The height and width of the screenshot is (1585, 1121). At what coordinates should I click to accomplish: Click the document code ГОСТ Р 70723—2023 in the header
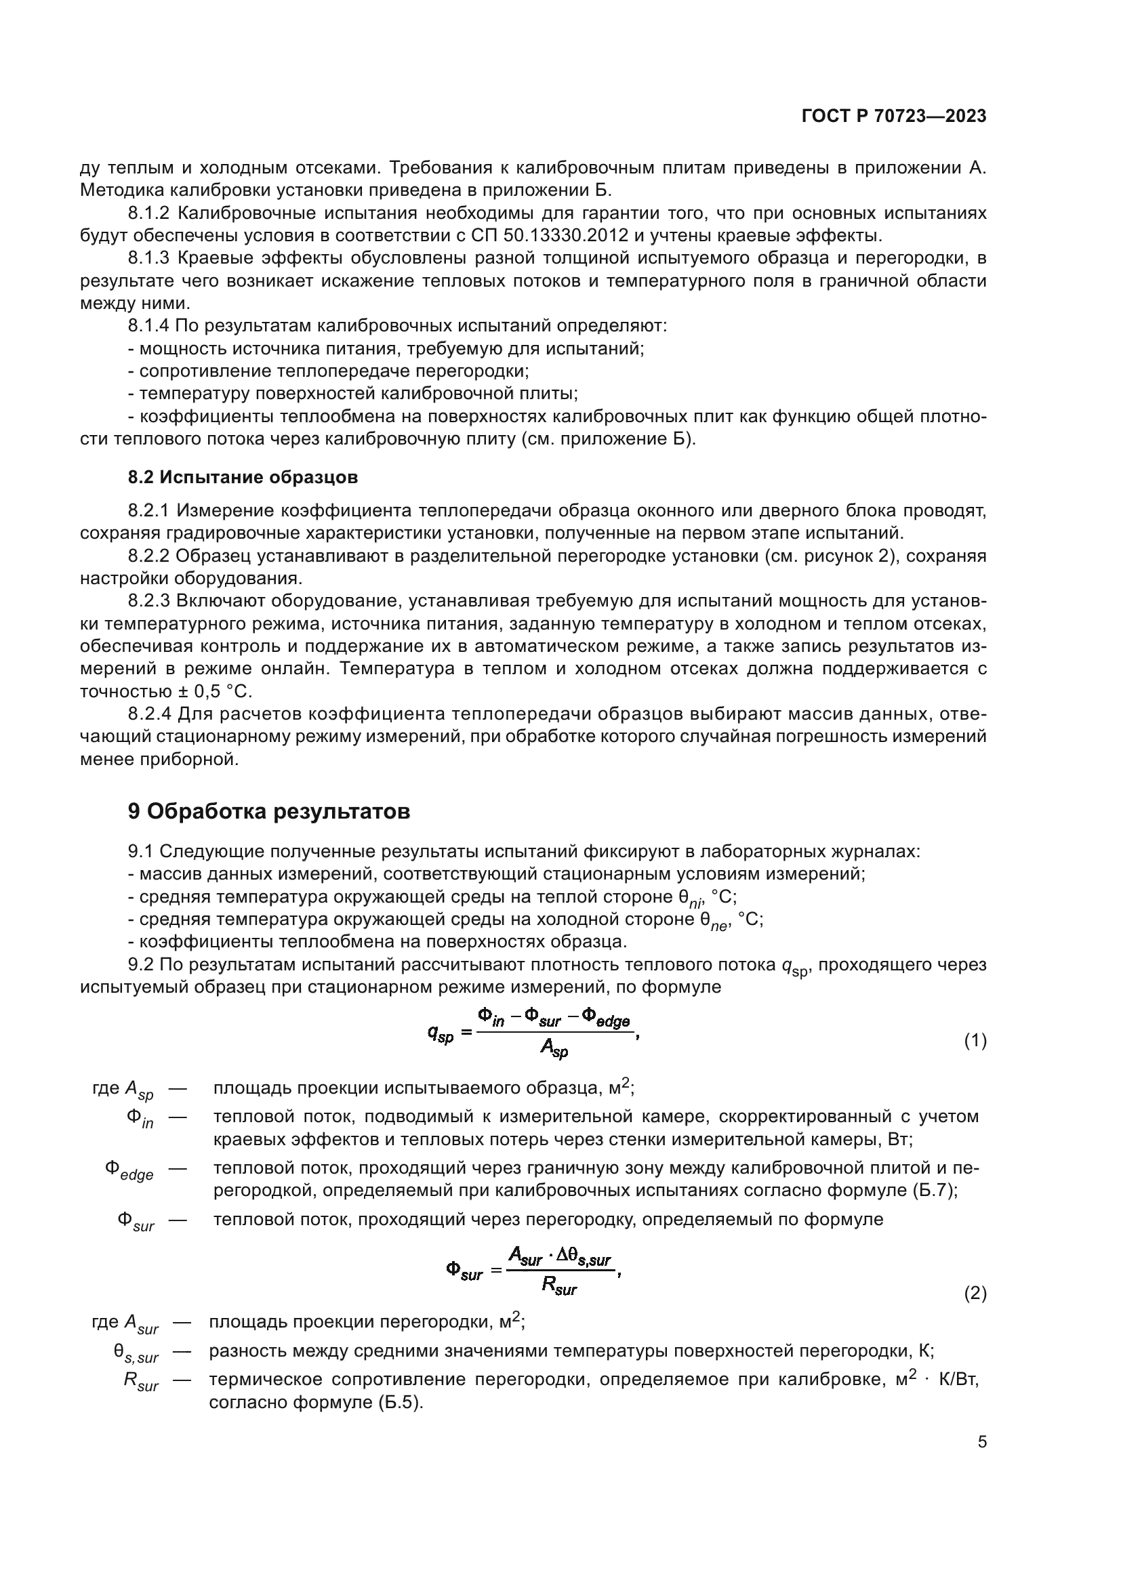click(x=894, y=117)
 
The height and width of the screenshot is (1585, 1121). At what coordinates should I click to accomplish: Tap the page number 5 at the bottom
click(x=981, y=1442)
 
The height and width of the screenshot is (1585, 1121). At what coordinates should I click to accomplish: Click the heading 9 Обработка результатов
click(x=268, y=811)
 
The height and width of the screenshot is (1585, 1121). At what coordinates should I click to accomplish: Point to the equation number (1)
click(x=975, y=1040)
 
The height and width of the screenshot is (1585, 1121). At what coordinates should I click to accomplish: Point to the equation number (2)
click(x=975, y=1293)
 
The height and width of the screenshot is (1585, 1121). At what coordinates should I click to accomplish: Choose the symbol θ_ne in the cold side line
click(x=714, y=922)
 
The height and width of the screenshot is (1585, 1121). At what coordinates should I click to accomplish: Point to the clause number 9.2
click(x=142, y=964)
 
